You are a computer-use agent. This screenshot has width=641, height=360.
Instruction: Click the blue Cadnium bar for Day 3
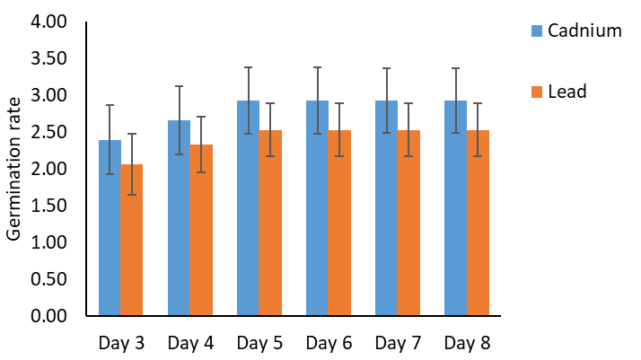tap(110, 228)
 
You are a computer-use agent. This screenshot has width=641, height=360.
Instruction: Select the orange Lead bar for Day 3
tap(132, 240)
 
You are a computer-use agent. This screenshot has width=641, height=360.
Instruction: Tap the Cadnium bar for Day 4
tap(179, 218)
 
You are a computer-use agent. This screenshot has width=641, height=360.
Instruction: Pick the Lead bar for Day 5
tap(270, 223)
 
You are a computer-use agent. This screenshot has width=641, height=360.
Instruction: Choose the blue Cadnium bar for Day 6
tap(317, 208)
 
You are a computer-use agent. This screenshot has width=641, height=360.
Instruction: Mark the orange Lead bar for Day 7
tap(408, 223)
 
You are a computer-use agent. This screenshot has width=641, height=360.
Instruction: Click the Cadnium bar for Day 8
tap(455, 208)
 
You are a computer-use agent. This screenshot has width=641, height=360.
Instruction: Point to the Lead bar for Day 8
tap(478, 223)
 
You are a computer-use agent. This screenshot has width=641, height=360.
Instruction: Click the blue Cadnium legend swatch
tap(537, 31)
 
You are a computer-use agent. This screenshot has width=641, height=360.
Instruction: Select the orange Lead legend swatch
tap(537, 92)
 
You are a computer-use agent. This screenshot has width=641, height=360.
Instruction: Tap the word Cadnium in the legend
tap(584, 31)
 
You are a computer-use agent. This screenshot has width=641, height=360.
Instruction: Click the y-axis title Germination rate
tap(13, 169)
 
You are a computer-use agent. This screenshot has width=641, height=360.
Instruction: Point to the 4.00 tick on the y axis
tap(48, 22)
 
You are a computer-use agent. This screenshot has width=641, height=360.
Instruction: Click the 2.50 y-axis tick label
tap(48, 132)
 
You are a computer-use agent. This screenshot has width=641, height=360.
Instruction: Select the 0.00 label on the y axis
tap(48, 316)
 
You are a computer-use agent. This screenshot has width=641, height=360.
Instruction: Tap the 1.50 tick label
tap(48, 206)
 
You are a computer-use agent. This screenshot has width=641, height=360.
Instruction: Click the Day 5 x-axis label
tap(259, 343)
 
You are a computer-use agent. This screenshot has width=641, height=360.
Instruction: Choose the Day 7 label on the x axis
tap(398, 343)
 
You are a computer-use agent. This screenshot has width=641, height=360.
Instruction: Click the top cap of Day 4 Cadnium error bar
tap(179, 86)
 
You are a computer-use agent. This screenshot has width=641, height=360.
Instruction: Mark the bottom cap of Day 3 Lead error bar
tap(132, 195)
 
